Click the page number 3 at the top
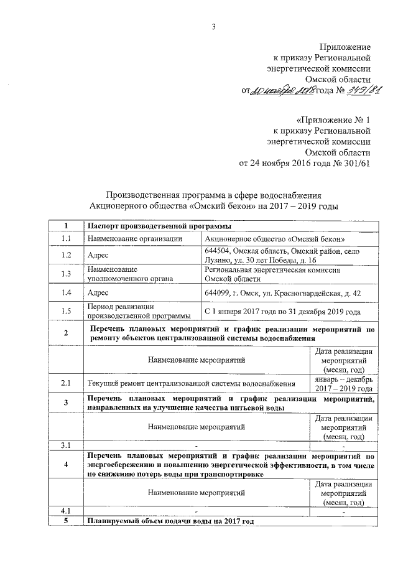point(213,26)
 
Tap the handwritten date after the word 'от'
point(281,91)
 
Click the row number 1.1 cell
point(65,238)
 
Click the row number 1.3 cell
point(65,274)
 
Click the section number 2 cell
point(65,333)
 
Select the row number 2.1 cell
point(65,383)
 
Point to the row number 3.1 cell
point(65,445)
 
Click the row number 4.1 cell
point(65,511)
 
